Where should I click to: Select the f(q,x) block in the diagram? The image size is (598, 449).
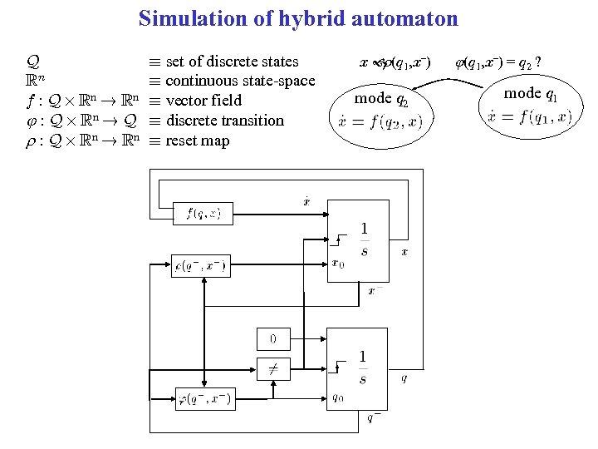[198, 214]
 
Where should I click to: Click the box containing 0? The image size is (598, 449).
[272, 338]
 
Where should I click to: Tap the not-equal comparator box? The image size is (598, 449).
[272, 368]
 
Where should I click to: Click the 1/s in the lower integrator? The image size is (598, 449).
[362, 368]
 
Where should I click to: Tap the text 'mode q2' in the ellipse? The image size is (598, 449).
[381, 99]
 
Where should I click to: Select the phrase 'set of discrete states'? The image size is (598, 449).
[232, 62]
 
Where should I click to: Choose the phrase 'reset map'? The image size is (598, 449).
[197, 141]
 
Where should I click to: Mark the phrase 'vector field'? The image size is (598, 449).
[203, 101]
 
